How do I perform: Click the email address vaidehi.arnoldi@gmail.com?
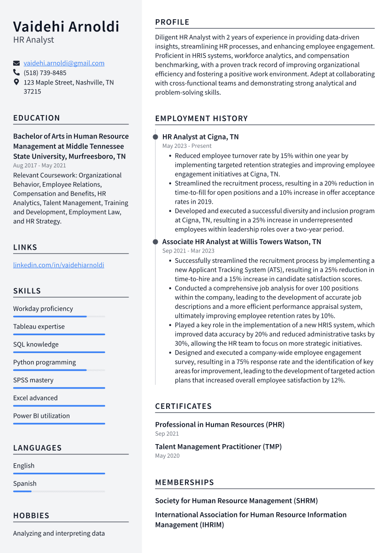64,63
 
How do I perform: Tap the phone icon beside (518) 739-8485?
16,73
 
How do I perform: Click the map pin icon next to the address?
16,82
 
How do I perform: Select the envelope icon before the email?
16,63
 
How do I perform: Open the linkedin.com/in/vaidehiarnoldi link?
59,265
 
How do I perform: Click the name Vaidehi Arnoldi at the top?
66,26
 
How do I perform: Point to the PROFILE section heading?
172,22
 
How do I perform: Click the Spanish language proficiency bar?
59,492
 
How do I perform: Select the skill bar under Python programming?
59,370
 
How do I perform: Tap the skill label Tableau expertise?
39,327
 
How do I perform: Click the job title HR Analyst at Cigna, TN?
200,137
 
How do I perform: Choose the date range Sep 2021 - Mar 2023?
188,251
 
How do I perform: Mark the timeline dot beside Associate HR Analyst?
155,242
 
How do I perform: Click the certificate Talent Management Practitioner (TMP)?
218,447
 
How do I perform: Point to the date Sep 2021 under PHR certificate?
167,434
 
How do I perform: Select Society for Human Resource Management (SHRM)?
236,501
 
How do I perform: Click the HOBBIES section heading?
31,515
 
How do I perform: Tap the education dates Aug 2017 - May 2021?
39,166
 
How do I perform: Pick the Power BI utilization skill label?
41,416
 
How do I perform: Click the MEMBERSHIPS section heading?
184,482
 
